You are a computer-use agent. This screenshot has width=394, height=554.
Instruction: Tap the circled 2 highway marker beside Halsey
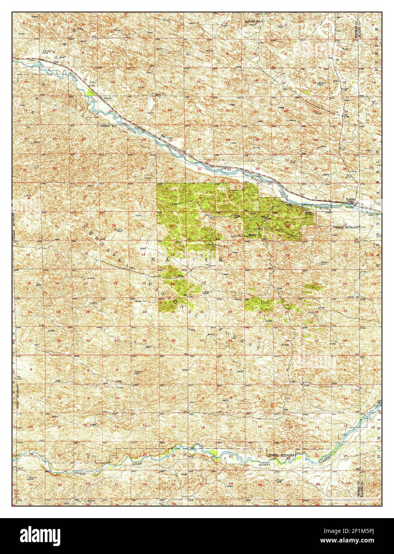[x=371, y=206]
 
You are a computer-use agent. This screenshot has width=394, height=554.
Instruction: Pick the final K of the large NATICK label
[x=219, y=259]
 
